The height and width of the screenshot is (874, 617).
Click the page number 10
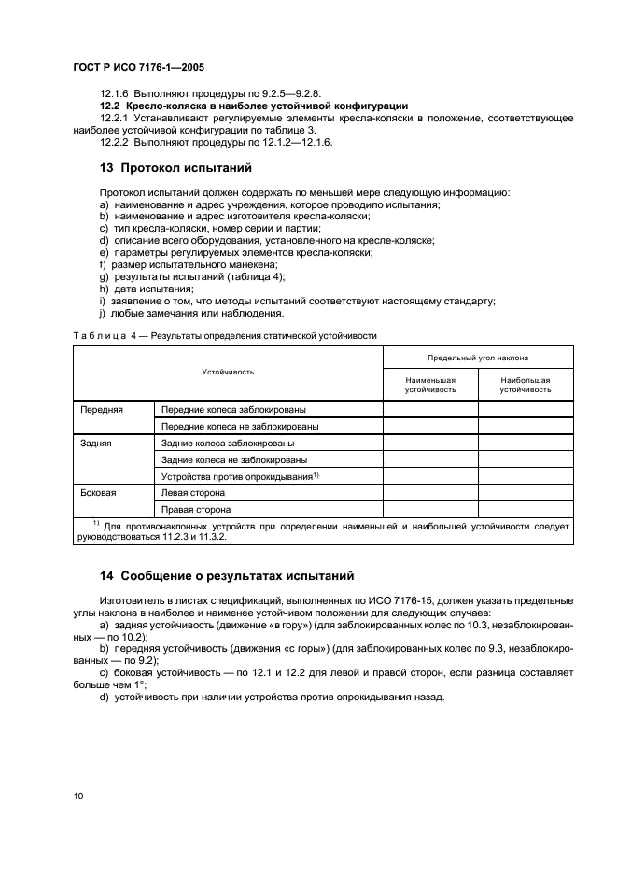click(x=77, y=796)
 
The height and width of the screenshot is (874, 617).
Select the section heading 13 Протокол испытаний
click(x=175, y=169)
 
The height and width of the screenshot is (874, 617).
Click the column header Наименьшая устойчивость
click(x=429, y=385)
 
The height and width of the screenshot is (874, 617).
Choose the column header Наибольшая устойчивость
click(x=525, y=385)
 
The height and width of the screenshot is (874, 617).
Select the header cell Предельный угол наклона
click(x=477, y=358)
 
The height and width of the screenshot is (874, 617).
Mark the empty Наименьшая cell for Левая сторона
click(x=429, y=493)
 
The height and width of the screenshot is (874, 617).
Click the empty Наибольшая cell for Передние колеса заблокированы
click(x=525, y=409)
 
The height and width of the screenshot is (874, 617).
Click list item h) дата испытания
click(x=138, y=289)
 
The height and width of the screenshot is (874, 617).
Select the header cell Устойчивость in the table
click(x=228, y=372)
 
